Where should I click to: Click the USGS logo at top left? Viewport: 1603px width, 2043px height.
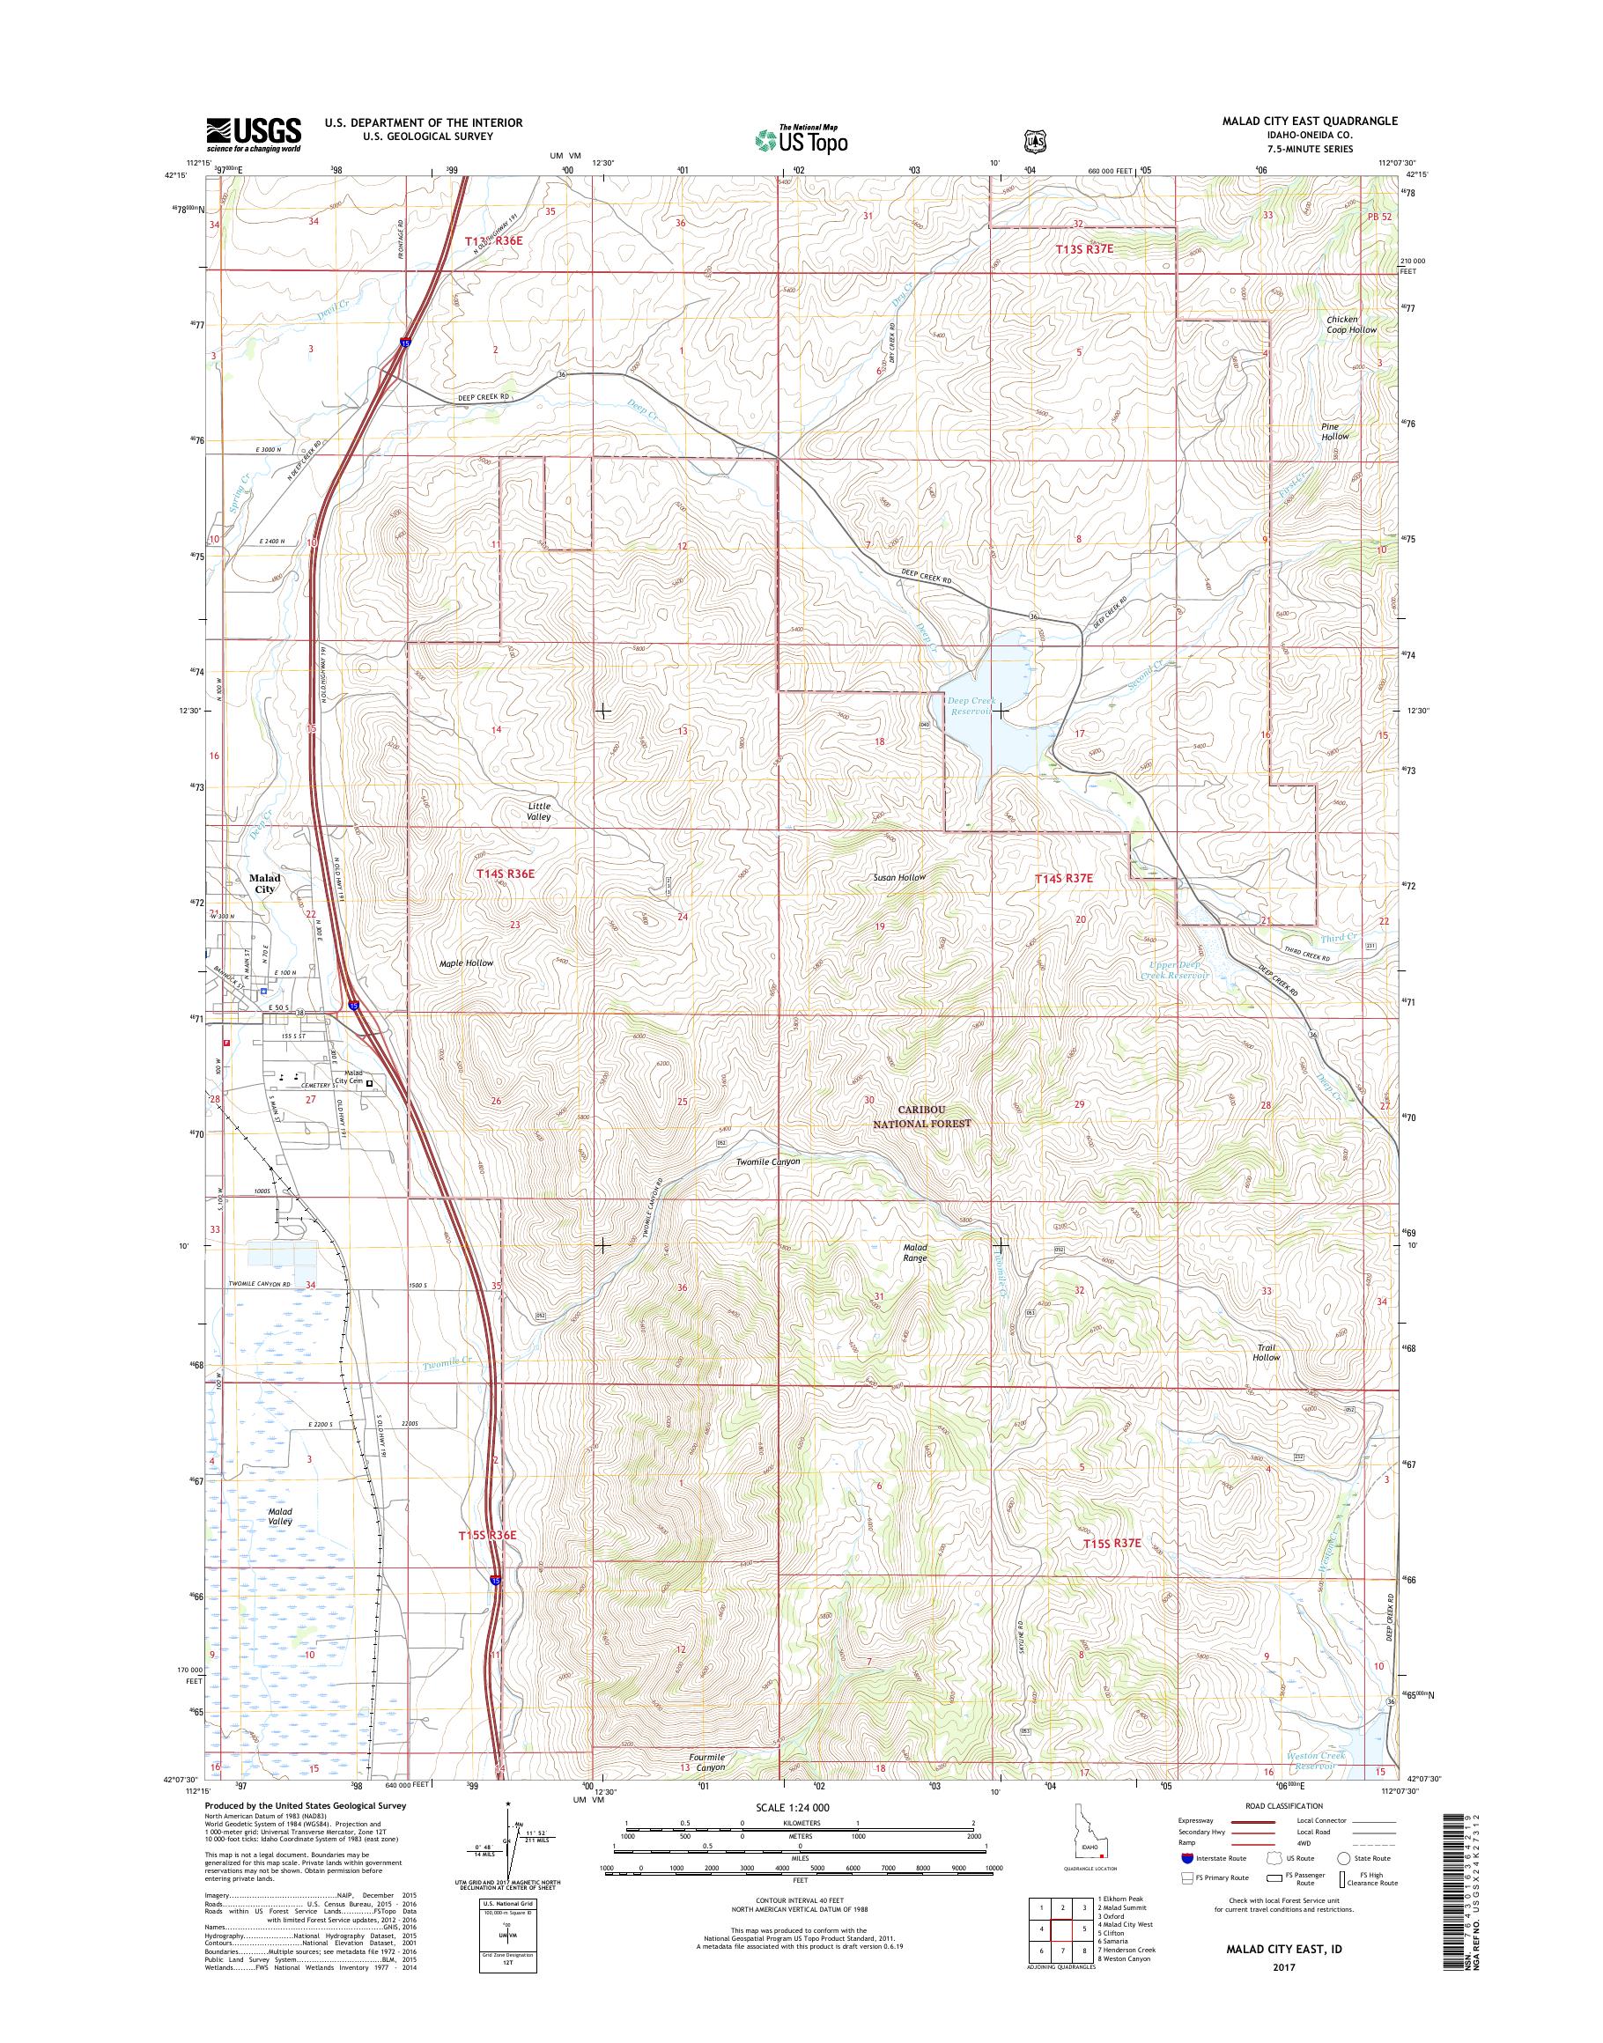click(x=254, y=134)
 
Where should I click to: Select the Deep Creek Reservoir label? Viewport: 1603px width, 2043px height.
click(x=970, y=705)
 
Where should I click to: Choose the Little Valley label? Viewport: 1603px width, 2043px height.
click(x=539, y=811)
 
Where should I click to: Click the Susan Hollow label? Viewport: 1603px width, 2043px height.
click(x=899, y=876)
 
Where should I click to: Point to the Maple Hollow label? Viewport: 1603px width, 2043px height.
click(x=466, y=962)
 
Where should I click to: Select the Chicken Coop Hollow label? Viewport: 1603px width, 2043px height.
click(x=1351, y=325)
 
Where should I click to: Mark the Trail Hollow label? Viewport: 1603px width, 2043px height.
click(x=1266, y=1353)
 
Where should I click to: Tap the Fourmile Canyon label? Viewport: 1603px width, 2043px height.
click(x=705, y=1761)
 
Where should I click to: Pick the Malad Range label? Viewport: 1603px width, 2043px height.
click(x=915, y=1253)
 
